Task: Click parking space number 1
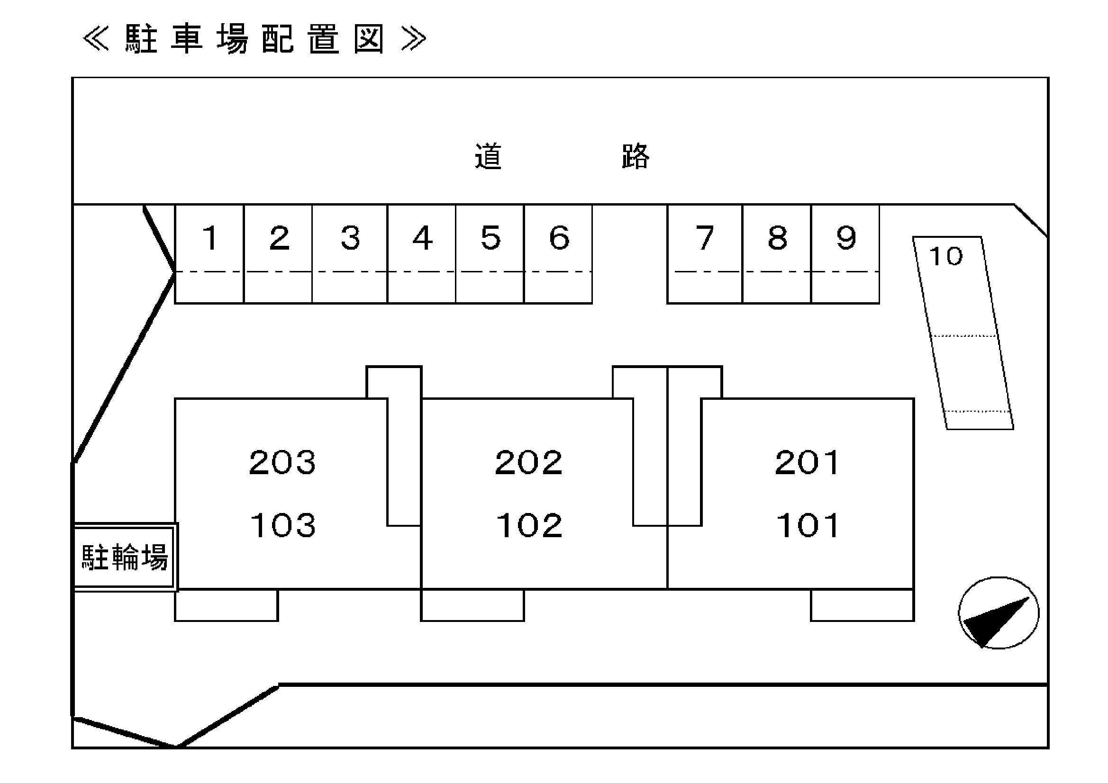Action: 210,238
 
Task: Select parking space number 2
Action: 280,238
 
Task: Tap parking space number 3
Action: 350,238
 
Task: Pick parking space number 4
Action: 422,238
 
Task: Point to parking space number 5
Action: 490,238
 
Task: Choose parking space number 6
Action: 559,238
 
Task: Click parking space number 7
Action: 705,238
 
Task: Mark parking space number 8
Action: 777,238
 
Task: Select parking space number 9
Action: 845,238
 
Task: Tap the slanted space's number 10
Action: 945,256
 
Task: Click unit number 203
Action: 282,462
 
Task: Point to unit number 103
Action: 283,525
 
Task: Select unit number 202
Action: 528,462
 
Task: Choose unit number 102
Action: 529,525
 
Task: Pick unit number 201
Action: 807,462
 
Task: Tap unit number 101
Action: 808,525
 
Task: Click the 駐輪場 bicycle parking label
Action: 125,558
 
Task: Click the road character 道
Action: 489,156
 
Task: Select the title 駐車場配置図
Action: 255,39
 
